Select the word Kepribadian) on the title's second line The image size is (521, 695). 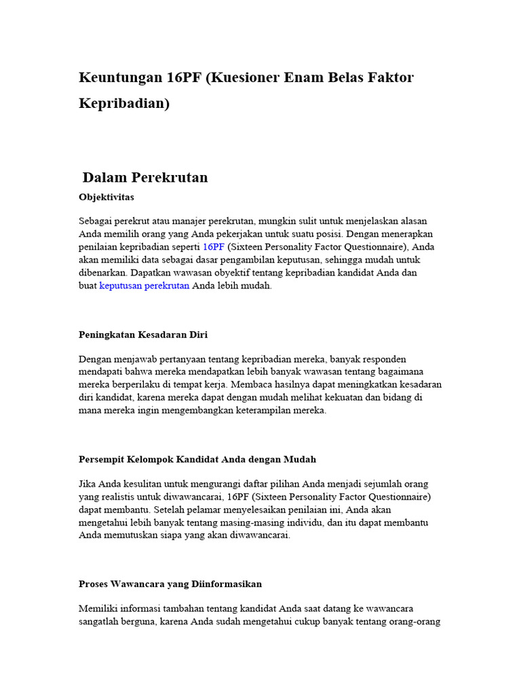pos(124,104)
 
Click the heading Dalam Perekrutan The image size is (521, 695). pos(145,178)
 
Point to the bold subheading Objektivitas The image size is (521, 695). pos(107,198)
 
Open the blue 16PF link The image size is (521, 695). pos(213,247)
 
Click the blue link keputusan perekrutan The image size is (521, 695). pos(144,286)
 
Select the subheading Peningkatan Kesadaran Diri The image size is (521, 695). pos(143,335)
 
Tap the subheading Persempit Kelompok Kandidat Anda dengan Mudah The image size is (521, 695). pos(197,459)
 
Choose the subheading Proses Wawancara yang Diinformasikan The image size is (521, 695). pos(170,584)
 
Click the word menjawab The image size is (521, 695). pos(137,359)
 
